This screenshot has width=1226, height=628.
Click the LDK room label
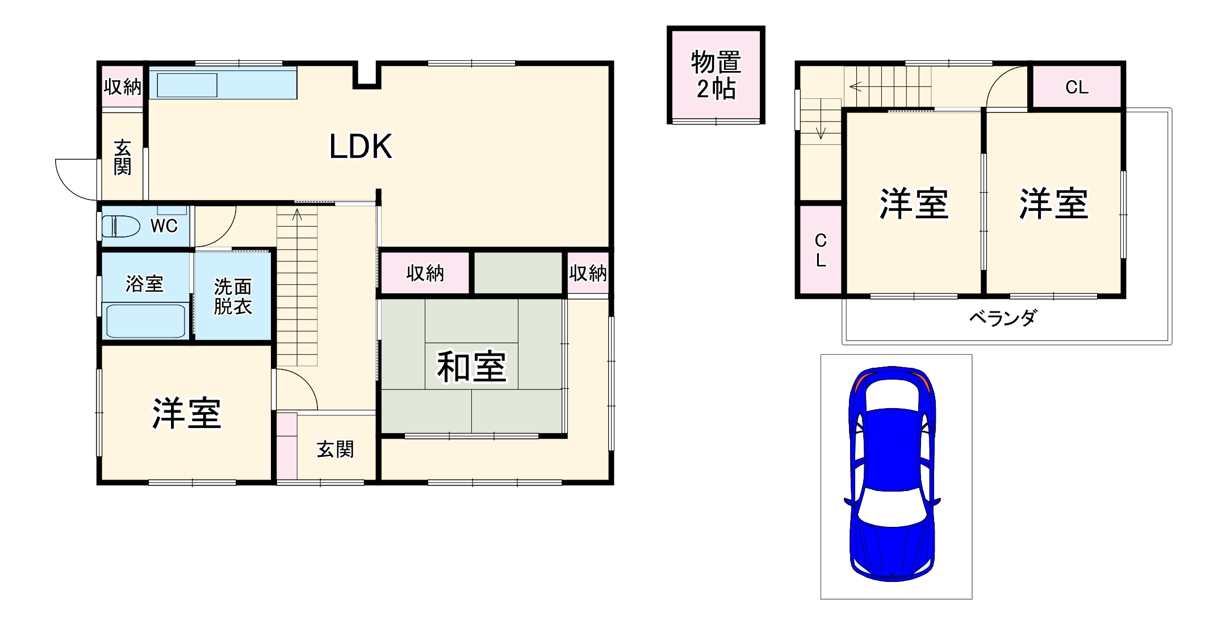tap(361, 147)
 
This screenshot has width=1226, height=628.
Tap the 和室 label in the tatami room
tap(471, 367)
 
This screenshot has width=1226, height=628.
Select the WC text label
tap(164, 226)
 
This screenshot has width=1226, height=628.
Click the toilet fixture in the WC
tap(121, 226)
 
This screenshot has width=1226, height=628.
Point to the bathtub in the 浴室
tap(145, 321)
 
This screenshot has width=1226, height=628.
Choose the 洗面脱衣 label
tap(233, 297)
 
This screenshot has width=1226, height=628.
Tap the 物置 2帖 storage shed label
tap(716, 75)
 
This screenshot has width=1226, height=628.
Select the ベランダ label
tap(1002, 318)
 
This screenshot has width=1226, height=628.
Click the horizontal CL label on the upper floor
tap(1077, 87)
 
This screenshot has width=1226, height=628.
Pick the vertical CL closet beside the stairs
tap(821, 250)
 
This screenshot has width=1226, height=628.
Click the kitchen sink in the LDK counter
tap(187, 85)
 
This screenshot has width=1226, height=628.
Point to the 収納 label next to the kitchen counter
tap(123, 87)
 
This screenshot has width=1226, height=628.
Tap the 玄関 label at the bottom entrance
tap(335, 450)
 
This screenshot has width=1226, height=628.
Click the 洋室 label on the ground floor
tap(186, 414)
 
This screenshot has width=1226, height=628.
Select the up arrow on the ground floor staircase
tap(297, 215)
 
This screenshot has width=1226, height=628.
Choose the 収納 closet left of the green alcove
tap(425, 273)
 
